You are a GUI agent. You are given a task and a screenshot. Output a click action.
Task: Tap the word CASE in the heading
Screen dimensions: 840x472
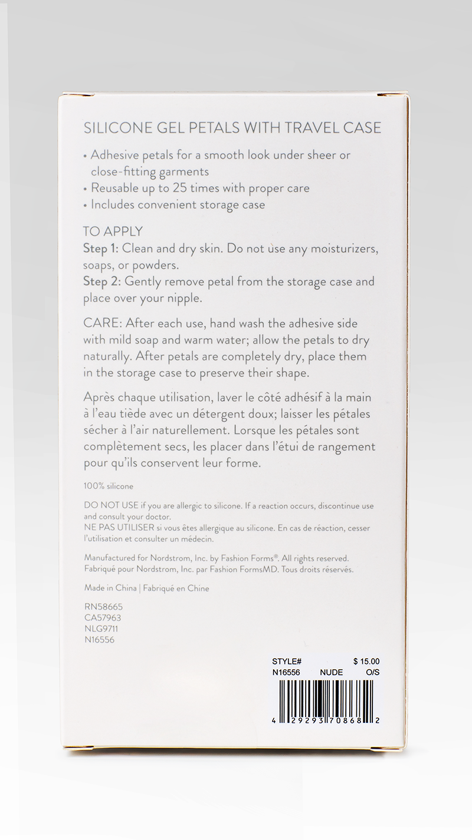click(x=361, y=128)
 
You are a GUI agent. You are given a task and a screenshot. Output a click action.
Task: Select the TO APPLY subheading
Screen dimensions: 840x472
click(x=113, y=232)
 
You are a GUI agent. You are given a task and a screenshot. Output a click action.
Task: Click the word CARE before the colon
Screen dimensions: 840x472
click(x=102, y=323)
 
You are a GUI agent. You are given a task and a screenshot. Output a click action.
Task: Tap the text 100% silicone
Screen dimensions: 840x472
click(x=109, y=487)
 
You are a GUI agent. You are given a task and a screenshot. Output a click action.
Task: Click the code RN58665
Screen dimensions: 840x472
click(x=103, y=607)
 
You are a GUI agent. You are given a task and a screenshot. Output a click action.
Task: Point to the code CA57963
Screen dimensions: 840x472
click(x=103, y=618)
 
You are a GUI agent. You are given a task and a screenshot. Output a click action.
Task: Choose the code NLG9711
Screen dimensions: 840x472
click(x=101, y=629)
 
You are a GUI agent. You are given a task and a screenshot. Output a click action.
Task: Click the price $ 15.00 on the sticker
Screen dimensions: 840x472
click(x=366, y=662)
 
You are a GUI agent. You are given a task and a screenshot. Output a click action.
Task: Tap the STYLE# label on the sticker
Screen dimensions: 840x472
click(x=287, y=662)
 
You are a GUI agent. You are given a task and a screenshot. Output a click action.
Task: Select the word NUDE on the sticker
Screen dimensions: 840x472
click(x=331, y=673)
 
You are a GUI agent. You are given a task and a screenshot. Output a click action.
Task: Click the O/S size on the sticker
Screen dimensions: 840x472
click(x=372, y=673)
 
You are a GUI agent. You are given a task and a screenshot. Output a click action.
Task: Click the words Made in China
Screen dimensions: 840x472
click(x=110, y=588)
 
